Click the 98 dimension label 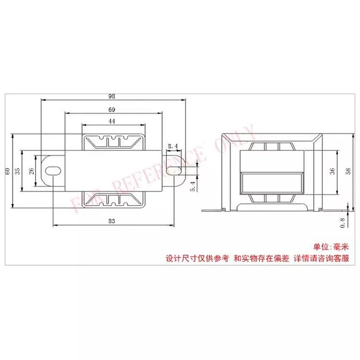(112, 97)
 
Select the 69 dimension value (112, 110)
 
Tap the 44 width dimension (112, 121)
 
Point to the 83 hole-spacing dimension (112, 221)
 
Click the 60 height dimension (8, 171)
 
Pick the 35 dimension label (17, 171)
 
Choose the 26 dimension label (31, 171)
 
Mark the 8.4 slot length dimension (173, 146)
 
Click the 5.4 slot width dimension (193, 186)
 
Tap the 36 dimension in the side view (332, 171)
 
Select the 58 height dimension (348, 171)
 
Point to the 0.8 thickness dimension (343, 223)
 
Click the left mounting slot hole (53, 171)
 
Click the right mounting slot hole (174, 171)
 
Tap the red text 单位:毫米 (331, 247)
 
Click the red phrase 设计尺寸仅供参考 (197, 259)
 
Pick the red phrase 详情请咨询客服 (322, 259)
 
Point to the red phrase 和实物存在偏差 (261, 259)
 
